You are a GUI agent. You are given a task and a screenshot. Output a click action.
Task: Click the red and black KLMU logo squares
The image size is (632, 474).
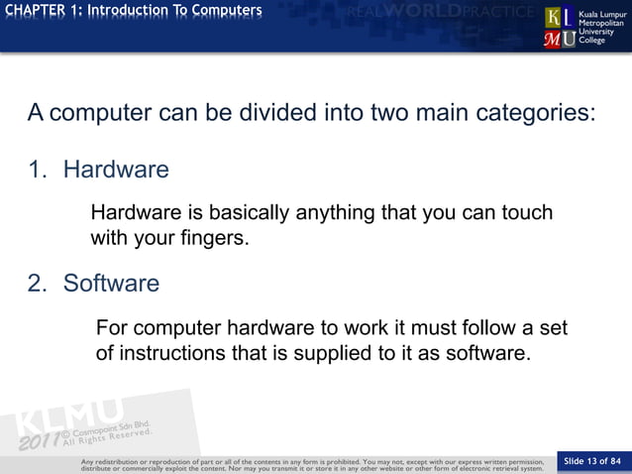click(561, 28)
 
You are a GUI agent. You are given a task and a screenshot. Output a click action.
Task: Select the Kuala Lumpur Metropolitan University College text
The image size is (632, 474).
click(602, 28)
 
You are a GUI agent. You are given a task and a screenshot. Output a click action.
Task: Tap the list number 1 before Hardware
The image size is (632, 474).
click(37, 170)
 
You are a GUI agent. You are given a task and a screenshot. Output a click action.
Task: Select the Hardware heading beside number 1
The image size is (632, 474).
click(116, 170)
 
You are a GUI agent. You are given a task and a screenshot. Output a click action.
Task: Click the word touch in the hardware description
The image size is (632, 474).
click(525, 213)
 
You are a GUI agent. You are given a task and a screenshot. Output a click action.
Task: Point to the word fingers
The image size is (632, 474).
click(211, 239)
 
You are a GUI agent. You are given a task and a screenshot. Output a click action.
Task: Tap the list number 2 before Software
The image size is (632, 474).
click(37, 284)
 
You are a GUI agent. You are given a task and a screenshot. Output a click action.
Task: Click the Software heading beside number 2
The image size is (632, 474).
click(111, 284)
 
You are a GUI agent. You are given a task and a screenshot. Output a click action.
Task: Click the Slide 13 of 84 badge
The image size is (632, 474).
click(592, 460)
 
